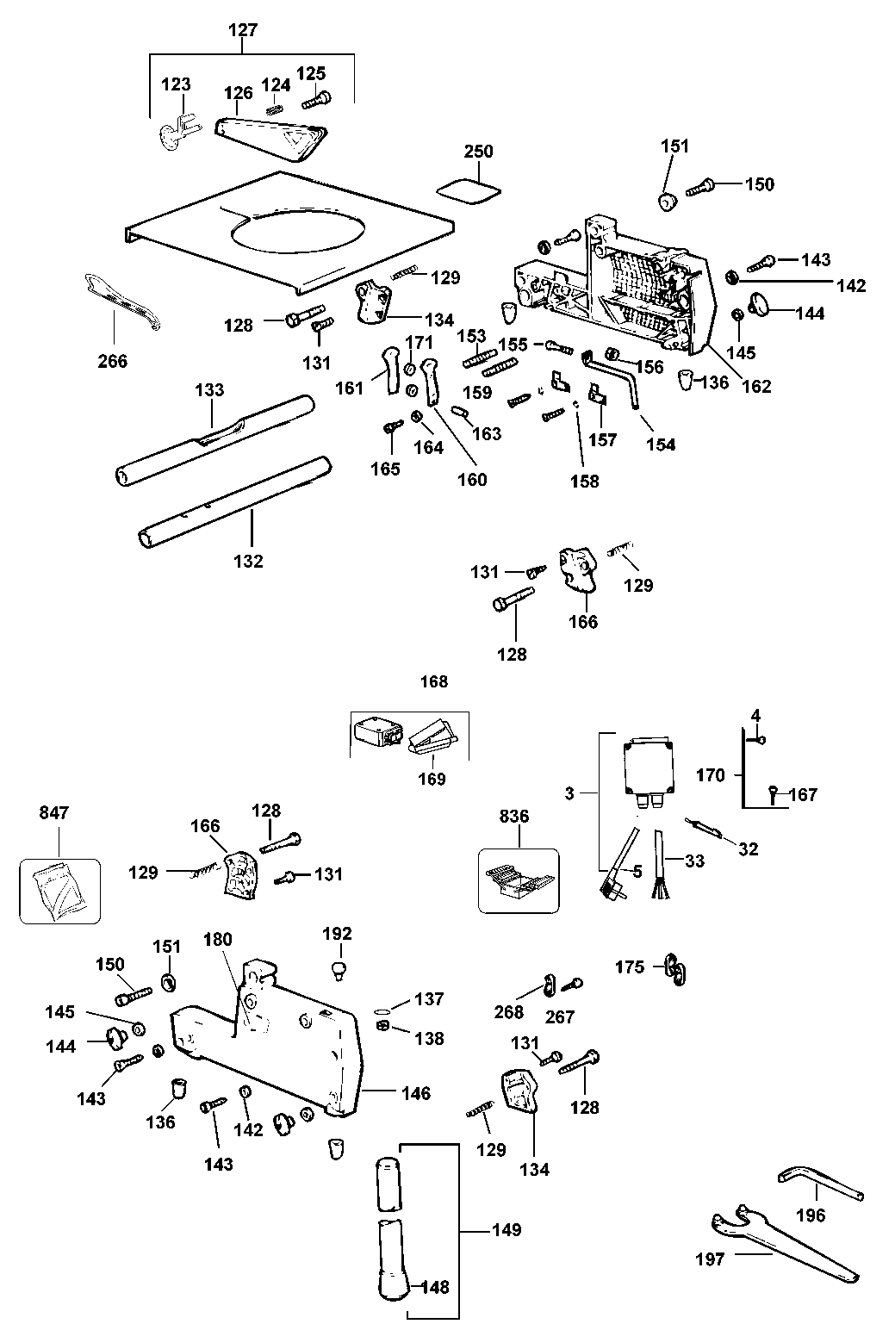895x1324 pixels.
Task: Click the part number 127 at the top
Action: tap(243, 30)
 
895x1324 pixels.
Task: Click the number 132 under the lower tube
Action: tap(248, 561)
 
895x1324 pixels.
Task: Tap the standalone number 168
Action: tap(433, 681)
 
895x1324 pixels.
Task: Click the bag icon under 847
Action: tap(59, 891)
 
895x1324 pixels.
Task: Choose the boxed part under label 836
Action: tap(518, 881)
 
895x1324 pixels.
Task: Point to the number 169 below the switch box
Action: tap(432, 779)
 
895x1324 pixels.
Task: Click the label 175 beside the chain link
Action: tap(630, 967)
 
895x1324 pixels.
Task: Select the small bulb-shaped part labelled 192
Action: tap(339, 970)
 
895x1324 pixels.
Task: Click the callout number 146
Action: tap(415, 1093)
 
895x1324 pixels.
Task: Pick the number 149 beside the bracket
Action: tap(507, 1229)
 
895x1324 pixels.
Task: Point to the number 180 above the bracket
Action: tap(218, 939)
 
